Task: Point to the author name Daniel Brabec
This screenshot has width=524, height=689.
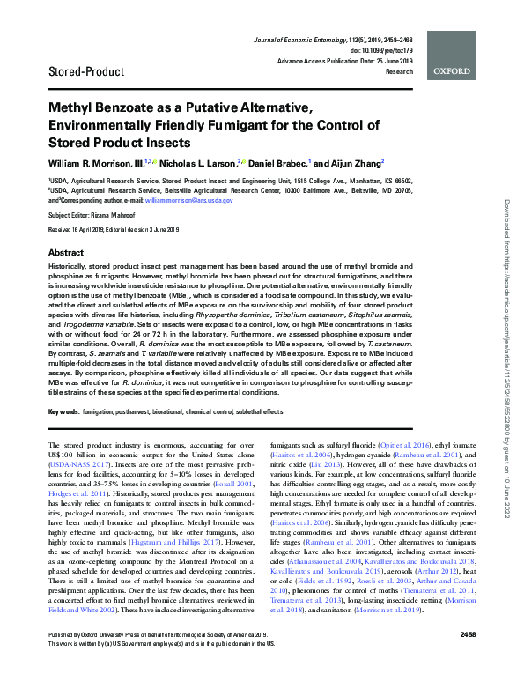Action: [x=290, y=164]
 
